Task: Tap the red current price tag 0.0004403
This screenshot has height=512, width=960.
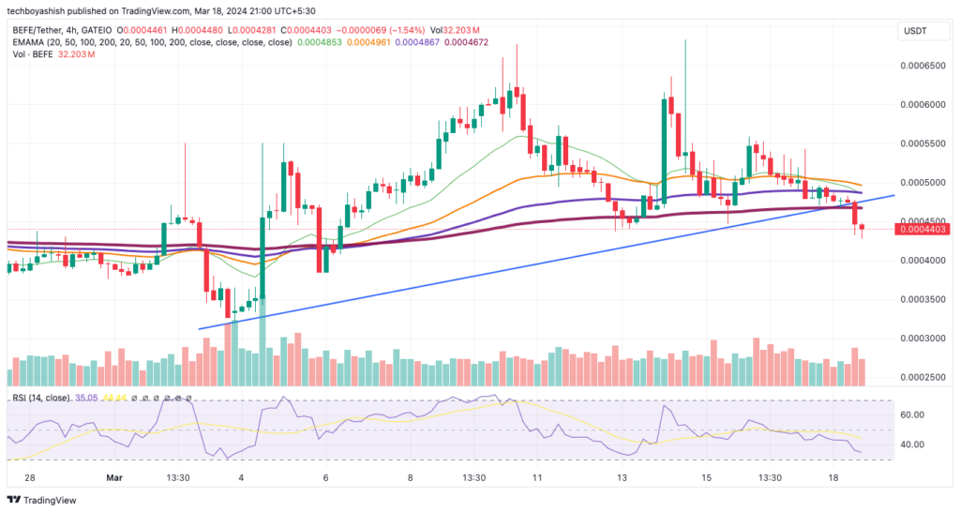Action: pyautogui.click(x=922, y=229)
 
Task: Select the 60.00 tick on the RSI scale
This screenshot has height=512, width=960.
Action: pyautogui.click(x=913, y=414)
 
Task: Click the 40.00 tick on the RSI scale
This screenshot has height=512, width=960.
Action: pyautogui.click(x=913, y=444)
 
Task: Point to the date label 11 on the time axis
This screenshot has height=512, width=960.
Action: pyautogui.click(x=537, y=477)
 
